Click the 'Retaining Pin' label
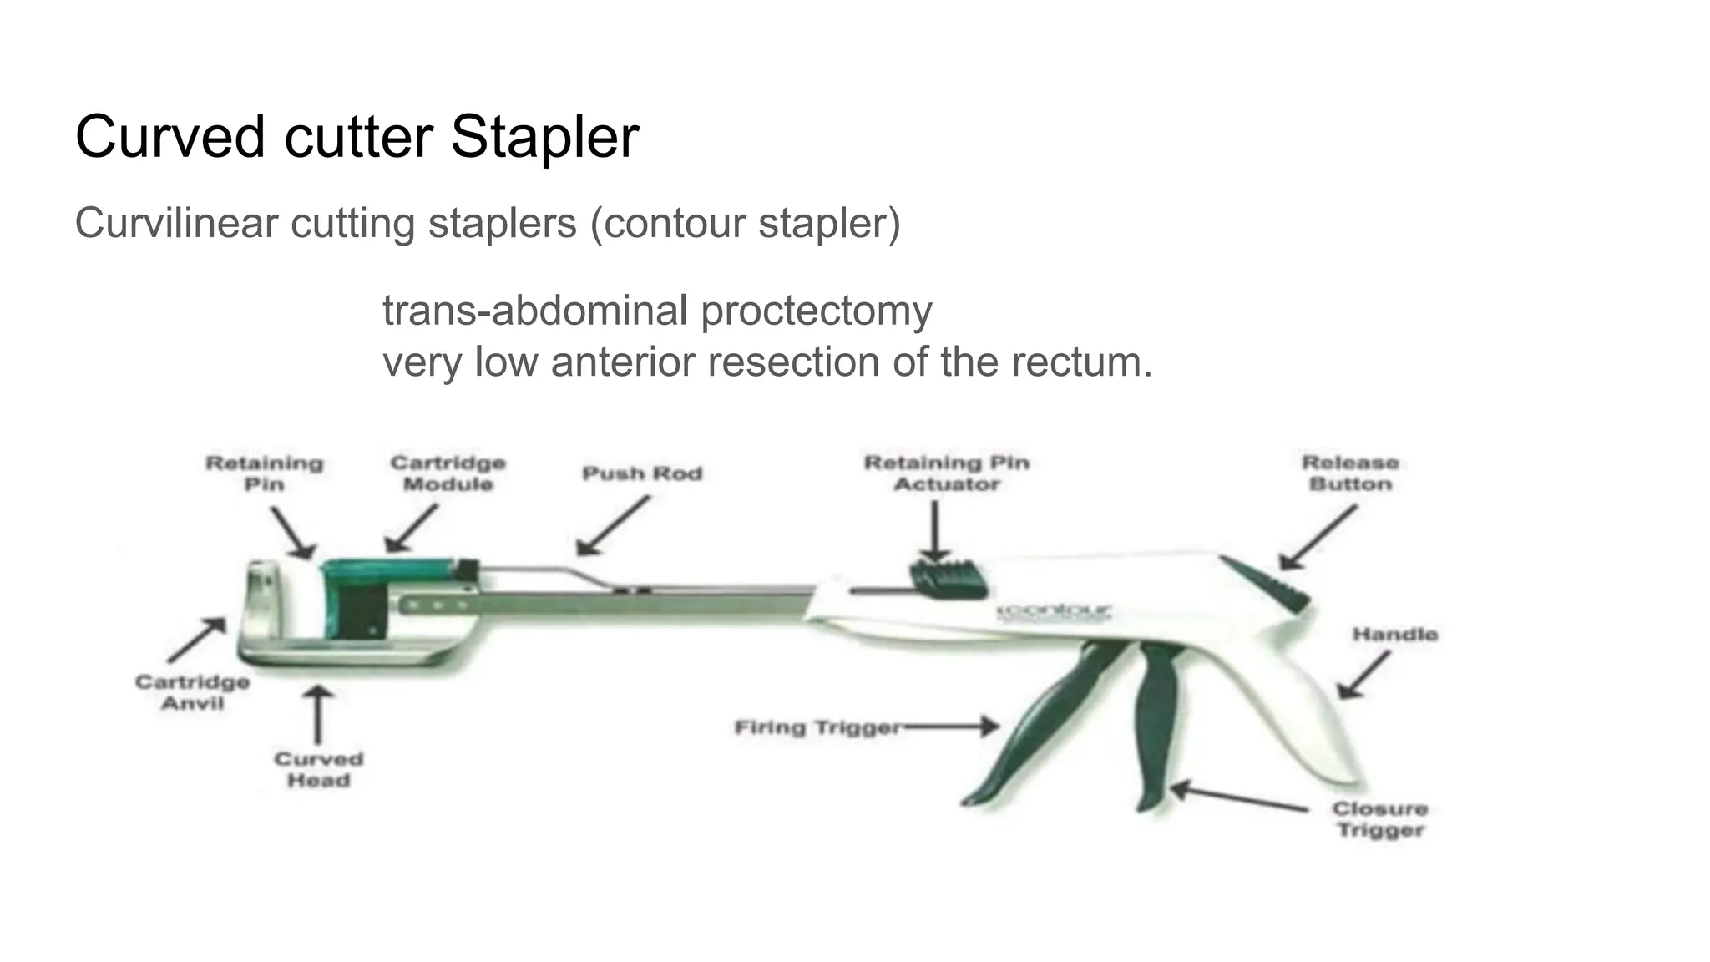tap(264, 473)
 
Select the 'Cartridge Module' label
tap(448, 473)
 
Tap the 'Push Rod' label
tap(642, 473)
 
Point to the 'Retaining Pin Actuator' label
tap(947, 473)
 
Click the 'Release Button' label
tap(1350, 473)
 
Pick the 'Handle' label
tap(1394, 635)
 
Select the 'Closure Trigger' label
tap(1380, 819)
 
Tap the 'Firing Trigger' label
tap(817, 727)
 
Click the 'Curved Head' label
tap(318, 769)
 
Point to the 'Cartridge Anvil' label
tap(193, 692)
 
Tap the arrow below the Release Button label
tap(1318, 539)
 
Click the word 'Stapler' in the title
tap(544, 136)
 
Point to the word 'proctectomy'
tap(816, 311)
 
